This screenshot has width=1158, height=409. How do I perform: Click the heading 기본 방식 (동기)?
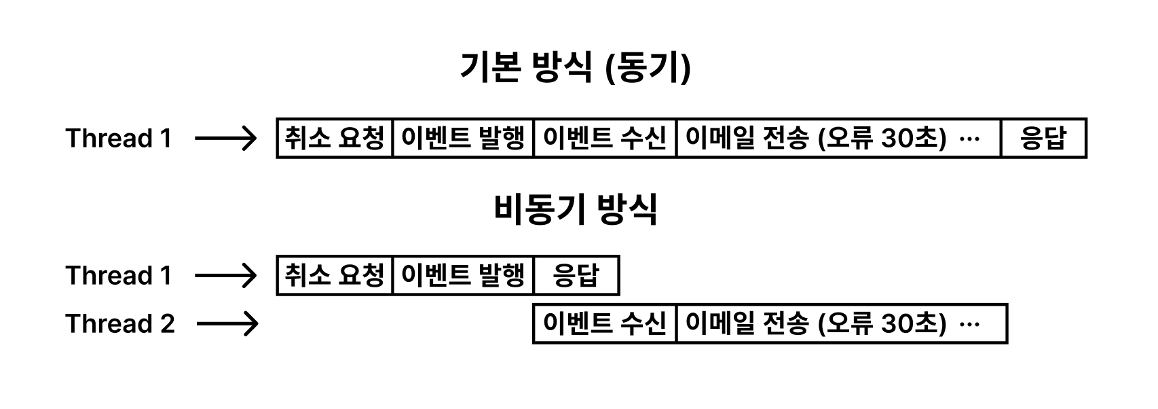point(576,68)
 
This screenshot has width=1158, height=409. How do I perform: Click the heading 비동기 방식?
point(576,209)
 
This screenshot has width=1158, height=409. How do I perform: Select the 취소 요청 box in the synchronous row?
point(335,139)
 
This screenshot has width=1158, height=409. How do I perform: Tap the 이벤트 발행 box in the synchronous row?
point(464,139)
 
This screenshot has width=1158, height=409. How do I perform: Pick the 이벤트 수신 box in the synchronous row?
point(605,139)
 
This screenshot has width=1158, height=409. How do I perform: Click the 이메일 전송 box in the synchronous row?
point(838,139)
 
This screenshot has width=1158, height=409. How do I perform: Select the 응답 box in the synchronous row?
point(1043,139)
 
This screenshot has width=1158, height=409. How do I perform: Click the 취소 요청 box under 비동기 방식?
point(335,276)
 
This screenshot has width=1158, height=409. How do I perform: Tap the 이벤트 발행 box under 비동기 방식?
point(464,276)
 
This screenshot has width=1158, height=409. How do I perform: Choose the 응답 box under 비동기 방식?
point(576,276)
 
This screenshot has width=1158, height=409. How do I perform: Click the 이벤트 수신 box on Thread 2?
point(605,324)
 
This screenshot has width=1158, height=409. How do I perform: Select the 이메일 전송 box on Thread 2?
point(841,324)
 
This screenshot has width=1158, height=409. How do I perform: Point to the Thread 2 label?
point(120,324)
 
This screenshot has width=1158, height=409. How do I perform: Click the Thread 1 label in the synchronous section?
point(119,139)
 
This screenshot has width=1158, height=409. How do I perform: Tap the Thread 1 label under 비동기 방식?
point(119,276)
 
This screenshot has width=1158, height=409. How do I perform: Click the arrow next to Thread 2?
point(227,324)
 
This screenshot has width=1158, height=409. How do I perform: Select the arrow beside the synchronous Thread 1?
point(226,139)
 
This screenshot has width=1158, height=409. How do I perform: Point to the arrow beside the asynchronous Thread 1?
point(226,276)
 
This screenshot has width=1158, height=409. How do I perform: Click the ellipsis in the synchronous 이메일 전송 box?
point(971,139)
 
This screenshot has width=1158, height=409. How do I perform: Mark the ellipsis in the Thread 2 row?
point(971,325)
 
